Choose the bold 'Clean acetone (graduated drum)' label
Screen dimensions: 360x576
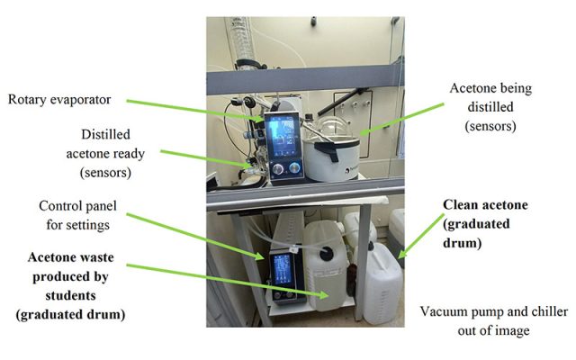pos(485,223)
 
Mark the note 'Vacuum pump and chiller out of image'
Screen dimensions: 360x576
pos(493,320)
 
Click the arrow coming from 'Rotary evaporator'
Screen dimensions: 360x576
pos(189,110)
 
